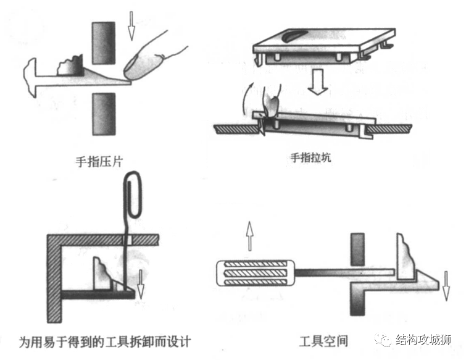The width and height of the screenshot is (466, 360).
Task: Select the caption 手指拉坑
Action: click(x=310, y=157)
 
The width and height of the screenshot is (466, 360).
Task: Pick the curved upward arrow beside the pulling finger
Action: click(x=248, y=99)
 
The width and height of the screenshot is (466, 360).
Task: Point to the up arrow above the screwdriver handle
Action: click(x=250, y=236)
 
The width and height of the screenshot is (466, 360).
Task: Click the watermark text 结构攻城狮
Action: click(x=428, y=340)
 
